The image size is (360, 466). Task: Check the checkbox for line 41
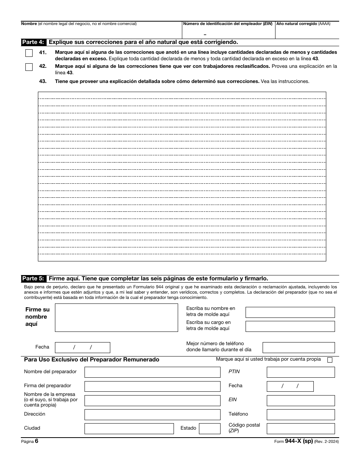click(29, 53)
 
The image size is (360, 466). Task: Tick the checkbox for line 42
click(29, 67)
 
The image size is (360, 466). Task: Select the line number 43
click(43, 81)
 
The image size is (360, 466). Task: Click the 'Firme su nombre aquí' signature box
click(116, 317)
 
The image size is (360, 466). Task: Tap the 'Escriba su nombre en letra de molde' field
click(290, 312)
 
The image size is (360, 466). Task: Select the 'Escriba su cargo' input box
click(290, 326)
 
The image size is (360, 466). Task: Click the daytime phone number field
click(299, 347)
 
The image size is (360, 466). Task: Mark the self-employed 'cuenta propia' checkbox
click(330, 360)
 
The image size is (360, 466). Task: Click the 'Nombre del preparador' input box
click(152, 372)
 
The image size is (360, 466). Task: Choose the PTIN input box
click(301, 372)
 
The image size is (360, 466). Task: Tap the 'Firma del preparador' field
click(152, 386)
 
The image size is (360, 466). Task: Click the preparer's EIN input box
click(301, 400)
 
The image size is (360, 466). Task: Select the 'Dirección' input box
click(152, 414)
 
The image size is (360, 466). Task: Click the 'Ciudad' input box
click(129, 428)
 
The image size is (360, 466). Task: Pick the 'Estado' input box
click(210, 428)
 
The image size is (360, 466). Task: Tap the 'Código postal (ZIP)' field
click(301, 428)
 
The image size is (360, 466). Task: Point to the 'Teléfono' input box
click(301, 414)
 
